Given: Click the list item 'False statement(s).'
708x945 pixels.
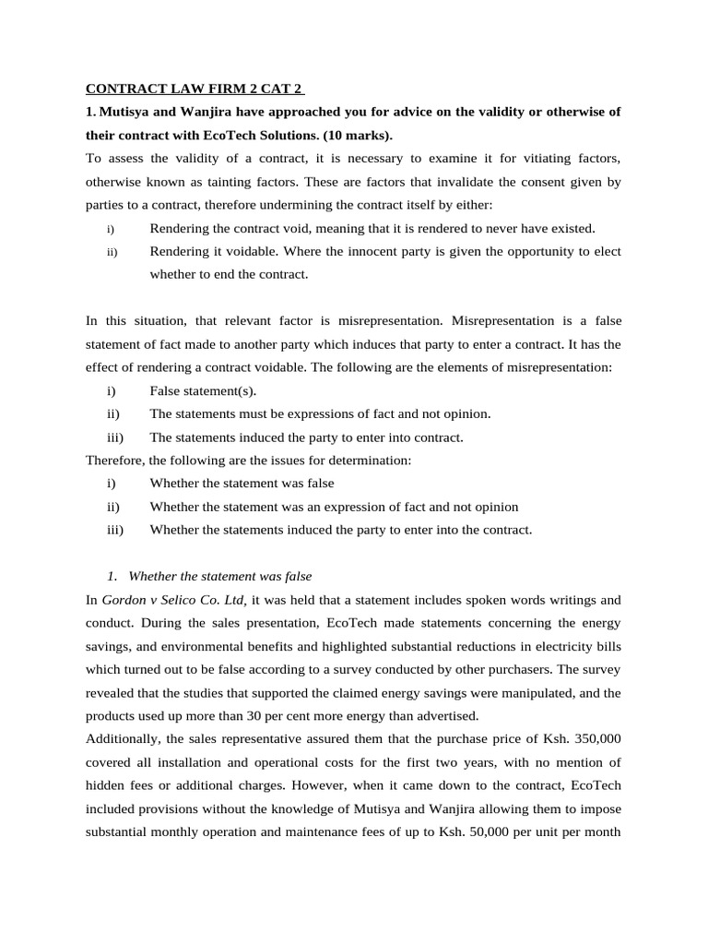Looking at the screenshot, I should [x=203, y=390].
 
